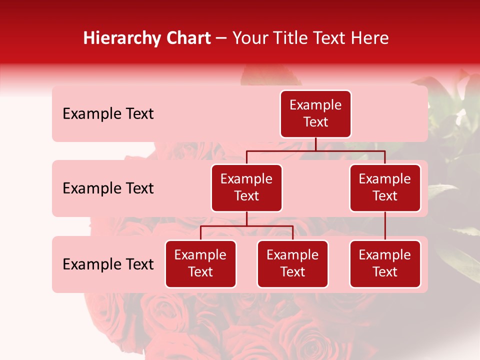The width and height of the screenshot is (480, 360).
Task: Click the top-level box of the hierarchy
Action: click(x=315, y=114)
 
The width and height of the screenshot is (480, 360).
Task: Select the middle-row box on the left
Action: click(x=246, y=188)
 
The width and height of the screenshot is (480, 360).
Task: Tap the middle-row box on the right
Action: click(x=385, y=188)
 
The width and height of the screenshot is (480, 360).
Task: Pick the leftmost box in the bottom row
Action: click(x=200, y=264)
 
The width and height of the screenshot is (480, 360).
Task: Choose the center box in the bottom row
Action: click(x=292, y=264)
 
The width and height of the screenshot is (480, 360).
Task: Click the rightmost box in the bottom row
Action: click(x=385, y=264)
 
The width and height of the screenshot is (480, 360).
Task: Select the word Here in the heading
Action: click(x=370, y=38)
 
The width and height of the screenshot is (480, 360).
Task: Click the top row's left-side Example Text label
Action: click(x=108, y=114)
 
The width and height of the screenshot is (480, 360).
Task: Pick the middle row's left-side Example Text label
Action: click(x=108, y=188)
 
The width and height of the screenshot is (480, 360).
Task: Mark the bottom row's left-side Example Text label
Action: click(x=108, y=264)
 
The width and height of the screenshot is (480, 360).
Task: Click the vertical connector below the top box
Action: click(x=315, y=144)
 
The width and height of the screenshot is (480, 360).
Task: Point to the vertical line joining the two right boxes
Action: click(x=385, y=226)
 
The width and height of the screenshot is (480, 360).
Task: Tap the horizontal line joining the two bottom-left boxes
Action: click(x=246, y=226)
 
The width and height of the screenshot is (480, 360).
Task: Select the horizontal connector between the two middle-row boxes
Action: click(x=315, y=150)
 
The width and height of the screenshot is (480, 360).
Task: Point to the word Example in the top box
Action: click(x=315, y=105)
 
